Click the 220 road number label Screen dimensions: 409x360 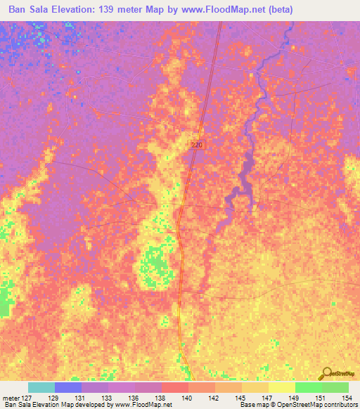tap(197, 144)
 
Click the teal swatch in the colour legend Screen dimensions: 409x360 tap(41, 387)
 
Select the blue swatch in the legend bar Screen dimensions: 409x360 tap(68, 387)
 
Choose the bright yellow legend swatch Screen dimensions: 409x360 tap(281, 387)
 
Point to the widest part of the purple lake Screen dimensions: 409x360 tap(246, 171)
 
